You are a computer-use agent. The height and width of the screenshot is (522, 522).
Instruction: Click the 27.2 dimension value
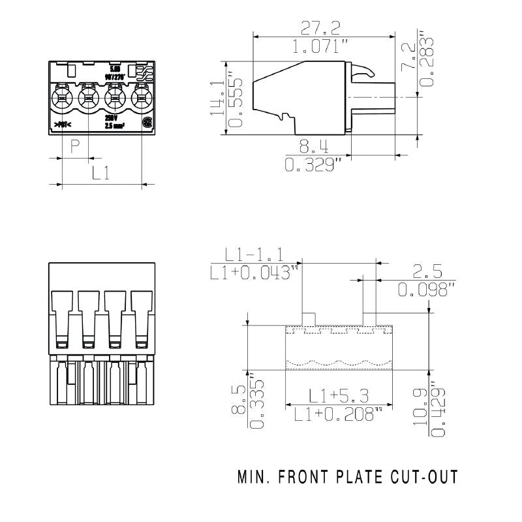320,27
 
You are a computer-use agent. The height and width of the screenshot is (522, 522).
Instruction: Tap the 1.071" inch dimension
320,48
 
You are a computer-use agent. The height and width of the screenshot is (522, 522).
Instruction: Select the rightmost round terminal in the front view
141,100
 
